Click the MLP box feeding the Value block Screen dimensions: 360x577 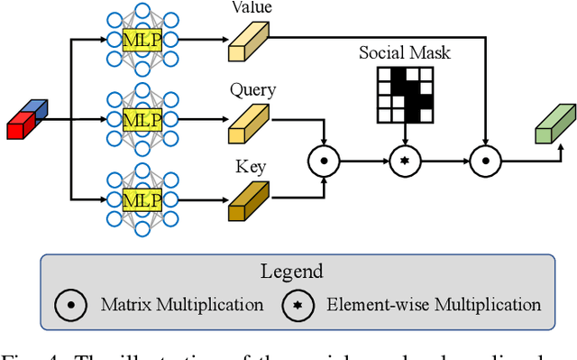pos(141,41)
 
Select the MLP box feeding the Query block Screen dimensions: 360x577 pos(141,119)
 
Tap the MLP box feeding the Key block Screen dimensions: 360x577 pos(141,198)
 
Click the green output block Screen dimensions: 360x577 pos(554,124)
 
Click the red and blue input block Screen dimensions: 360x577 pos(28,120)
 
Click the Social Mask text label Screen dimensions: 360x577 pos(405,53)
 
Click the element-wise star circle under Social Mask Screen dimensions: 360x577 pos(405,162)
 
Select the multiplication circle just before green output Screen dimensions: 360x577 pos(484,162)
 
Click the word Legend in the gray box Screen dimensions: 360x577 pos(297,271)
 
